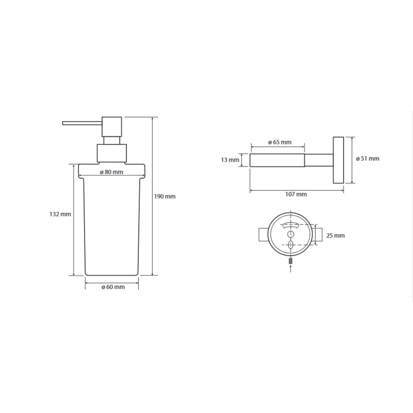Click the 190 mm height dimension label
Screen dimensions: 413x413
[165, 197]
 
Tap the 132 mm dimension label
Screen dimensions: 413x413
[60, 214]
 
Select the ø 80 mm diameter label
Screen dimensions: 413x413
[112, 172]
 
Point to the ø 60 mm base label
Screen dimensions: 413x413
[113, 287]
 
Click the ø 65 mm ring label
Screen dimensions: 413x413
[280, 142]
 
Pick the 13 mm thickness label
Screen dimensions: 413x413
[230, 160]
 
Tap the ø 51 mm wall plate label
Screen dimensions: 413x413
[368, 159]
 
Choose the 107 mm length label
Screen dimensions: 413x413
[296, 195]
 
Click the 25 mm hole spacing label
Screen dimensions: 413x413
[335, 235]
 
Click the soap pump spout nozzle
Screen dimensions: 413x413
[82, 123]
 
